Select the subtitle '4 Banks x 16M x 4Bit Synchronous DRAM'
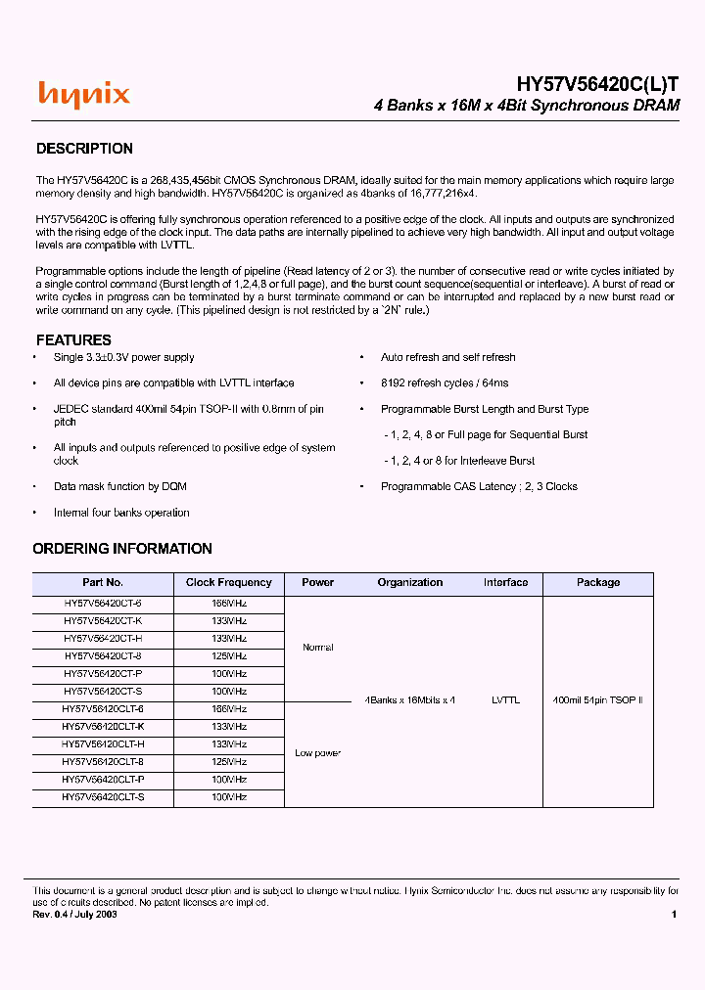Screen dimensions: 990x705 click(x=527, y=106)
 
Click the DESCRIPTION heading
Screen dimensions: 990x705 click(x=84, y=149)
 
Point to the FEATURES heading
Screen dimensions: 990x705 click(x=73, y=340)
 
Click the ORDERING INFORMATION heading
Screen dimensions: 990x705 click(x=122, y=549)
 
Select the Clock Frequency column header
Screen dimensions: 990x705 click(x=228, y=583)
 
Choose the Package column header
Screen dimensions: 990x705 click(x=597, y=583)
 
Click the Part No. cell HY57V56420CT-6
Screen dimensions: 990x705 click(x=103, y=605)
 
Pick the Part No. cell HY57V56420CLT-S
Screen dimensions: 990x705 click(x=103, y=798)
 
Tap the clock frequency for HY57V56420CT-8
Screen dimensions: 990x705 click(x=229, y=656)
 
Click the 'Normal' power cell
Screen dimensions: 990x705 click(x=317, y=648)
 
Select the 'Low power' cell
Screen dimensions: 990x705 click(x=317, y=753)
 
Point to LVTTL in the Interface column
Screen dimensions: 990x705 click(x=505, y=700)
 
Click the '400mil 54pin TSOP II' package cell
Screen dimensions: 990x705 click(x=597, y=700)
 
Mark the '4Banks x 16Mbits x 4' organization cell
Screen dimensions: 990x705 click(x=410, y=700)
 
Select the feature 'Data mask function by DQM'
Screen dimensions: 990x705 click(x=119, y=486)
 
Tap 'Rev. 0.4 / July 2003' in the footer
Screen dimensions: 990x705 click(x=75, y=914)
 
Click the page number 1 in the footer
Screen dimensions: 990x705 click(x=674, y=914)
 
